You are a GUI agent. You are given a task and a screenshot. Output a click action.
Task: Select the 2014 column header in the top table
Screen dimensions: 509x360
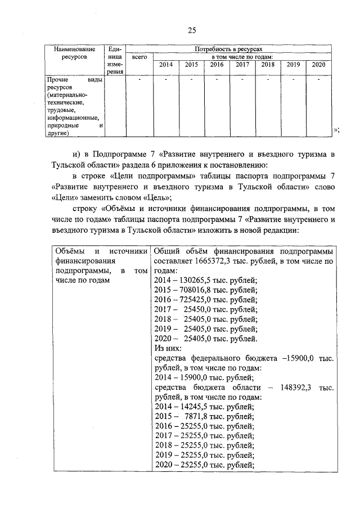pyautogui.click(x=166, y=65)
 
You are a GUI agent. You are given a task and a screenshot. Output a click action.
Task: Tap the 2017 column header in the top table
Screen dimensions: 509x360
pyautogui.click(x=242, y=65)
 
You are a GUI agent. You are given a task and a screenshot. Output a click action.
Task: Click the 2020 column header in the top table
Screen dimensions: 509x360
pyautogui.click(x=318, y=65)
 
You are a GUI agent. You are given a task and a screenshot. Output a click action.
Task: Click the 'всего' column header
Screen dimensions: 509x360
pyautogui.click(x=139, y=57)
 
